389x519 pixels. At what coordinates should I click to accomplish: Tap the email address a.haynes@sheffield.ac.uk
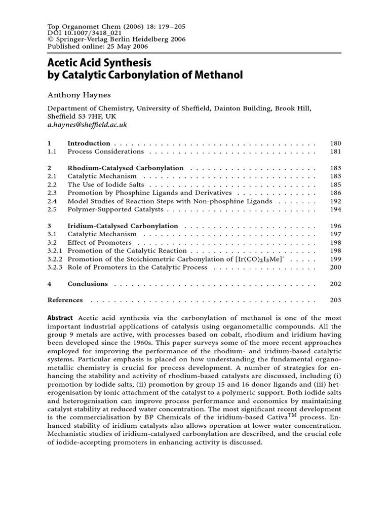click(87, 124)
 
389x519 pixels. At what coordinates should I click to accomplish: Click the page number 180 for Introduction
click(335, 143)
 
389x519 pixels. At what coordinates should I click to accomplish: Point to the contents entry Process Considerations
click(106, 152)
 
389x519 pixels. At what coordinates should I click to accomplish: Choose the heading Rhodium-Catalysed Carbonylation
click(126, 168)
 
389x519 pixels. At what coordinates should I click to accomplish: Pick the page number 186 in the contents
click(335, 193)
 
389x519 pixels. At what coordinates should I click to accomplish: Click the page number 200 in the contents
click(335, 267)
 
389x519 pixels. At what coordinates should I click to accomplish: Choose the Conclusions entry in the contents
click(88, 284)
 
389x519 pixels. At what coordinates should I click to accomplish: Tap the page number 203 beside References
click(335, 300)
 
